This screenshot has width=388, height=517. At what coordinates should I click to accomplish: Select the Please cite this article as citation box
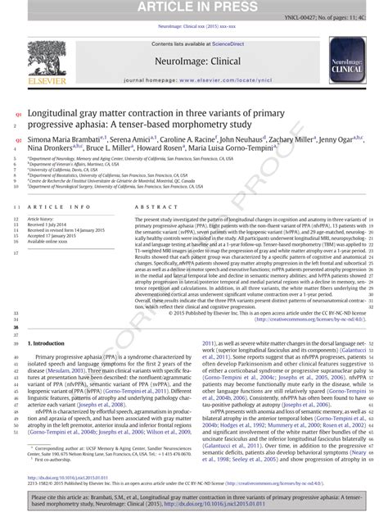[x=193, y=501]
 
